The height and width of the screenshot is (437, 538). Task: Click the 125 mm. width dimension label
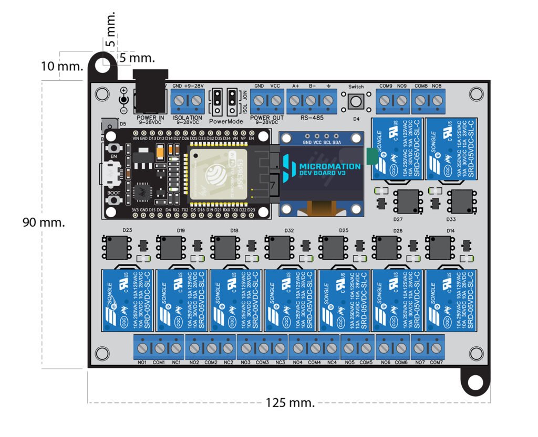coord(290,403)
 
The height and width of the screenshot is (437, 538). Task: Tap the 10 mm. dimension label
coord(62,66)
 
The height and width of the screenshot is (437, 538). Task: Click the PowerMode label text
coord(226,121)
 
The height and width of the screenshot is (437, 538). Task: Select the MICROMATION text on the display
coord(329,166)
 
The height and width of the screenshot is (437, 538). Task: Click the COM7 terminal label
coord(436,363)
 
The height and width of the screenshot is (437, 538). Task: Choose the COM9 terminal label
coord(385,86)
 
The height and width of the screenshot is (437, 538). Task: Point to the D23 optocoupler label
coord(127,230)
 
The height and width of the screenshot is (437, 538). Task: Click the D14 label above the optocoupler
coord(450,230)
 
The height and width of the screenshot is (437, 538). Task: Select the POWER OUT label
coord(267,118)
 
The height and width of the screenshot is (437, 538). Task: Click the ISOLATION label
coord(188,118)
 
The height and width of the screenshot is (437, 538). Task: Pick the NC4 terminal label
coord(332,363)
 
